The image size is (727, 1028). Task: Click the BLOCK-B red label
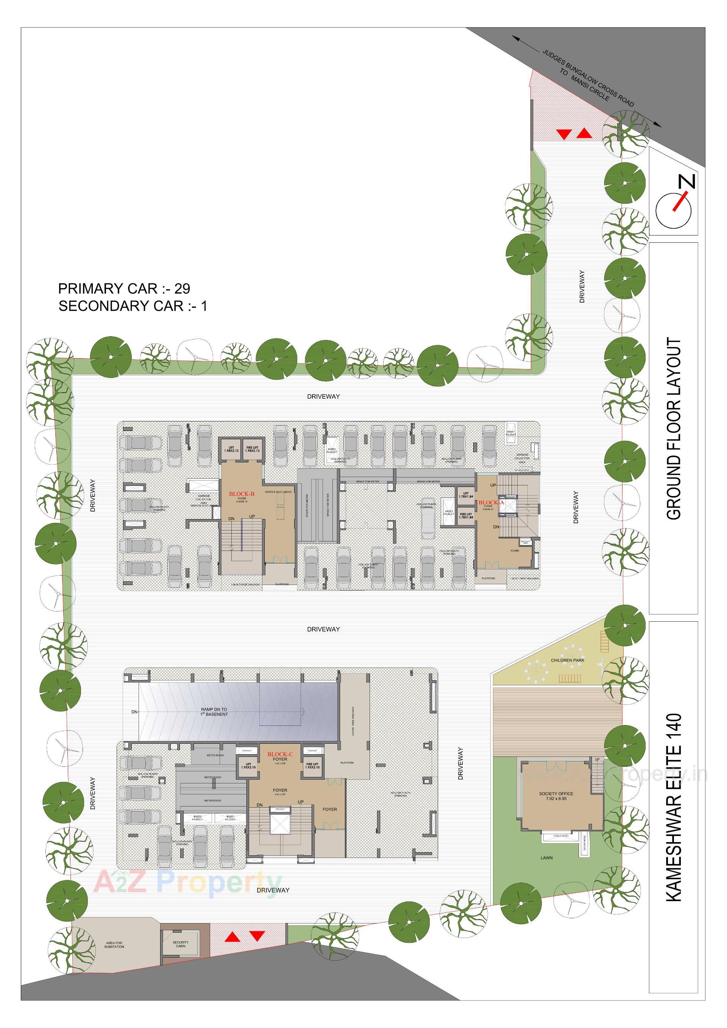coord(242,494)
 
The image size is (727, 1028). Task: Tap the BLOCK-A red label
coord(491,502)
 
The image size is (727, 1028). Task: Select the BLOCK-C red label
coord(280,754)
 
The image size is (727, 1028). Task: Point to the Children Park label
coord(568,660)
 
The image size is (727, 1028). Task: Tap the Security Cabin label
coord(181,944)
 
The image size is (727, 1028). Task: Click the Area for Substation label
coord(114,945)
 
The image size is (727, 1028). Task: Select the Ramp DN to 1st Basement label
coord(214,712)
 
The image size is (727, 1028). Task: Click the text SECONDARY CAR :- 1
coord(133,306)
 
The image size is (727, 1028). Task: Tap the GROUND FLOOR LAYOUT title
coord(673,428)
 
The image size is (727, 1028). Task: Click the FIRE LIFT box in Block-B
coord(253,449)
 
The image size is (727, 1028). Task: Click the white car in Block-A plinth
coord(428,518)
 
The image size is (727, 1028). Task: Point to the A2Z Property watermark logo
coord(187,881)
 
